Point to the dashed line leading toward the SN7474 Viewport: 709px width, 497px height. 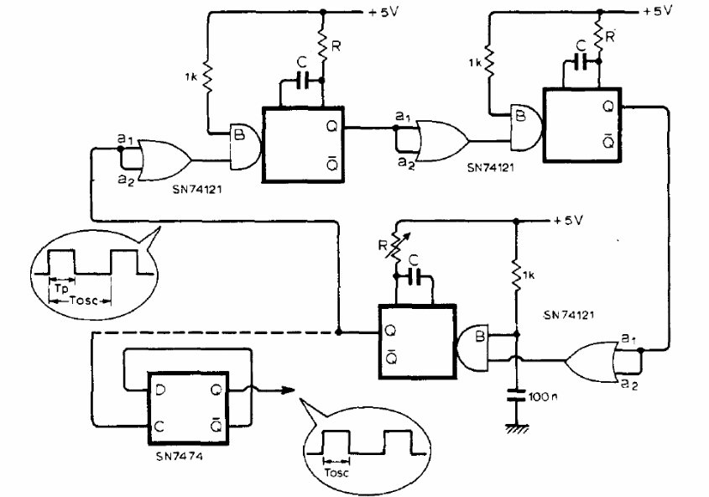pyautogui.click(x=210, y=332)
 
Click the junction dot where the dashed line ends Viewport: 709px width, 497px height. pyautogui.click(x=338, y=332)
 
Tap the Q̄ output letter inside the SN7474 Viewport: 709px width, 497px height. pyautogui.click(x=216, y=426)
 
